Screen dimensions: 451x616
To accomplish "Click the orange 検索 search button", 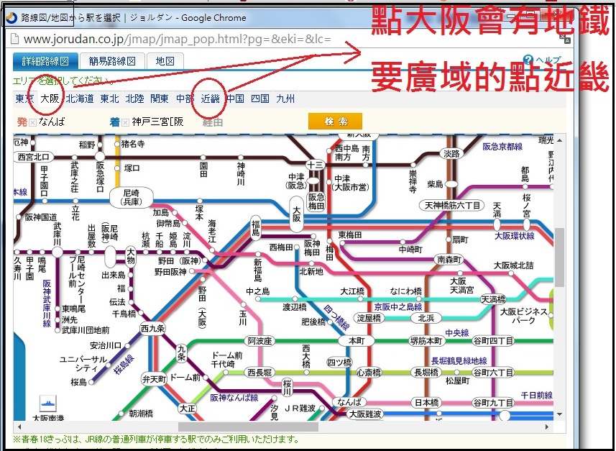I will (x=335, y=122).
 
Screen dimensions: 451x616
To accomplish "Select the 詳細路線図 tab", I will (x=45, y=62).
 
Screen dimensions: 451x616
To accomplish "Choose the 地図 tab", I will (x=165, y=62).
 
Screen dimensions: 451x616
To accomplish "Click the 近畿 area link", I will (x=211, y=99).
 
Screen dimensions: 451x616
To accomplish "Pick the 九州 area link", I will (x=285, y=99).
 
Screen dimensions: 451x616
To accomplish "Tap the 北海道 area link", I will (x=80, y=99).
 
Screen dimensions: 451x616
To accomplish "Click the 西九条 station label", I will (x=152, y=328).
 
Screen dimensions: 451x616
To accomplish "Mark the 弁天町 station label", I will (x=154, y=378).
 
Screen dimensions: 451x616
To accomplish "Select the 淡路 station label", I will (x=451, y=154).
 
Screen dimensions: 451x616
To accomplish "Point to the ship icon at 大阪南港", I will (x=49, y=403).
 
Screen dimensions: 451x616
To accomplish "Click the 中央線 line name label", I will (x=457, y=333).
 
